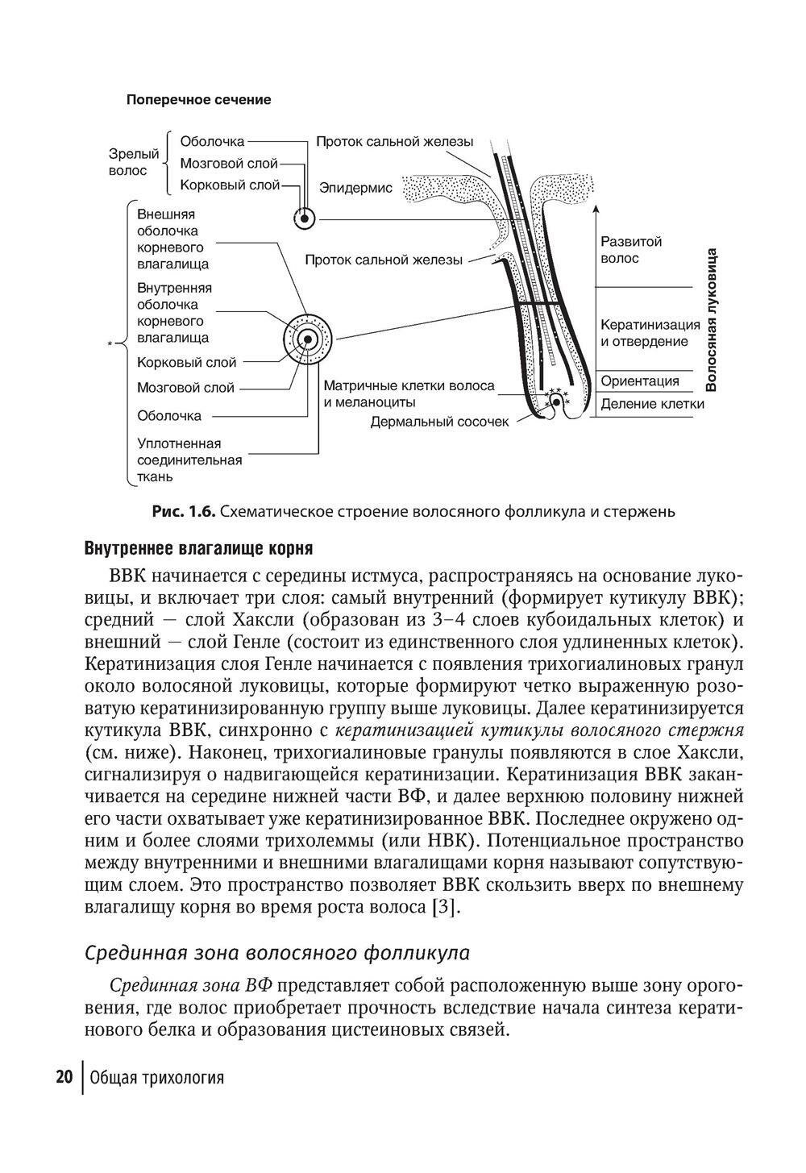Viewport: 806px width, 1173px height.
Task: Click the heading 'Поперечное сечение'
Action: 198,100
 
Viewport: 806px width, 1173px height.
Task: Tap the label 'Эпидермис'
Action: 355,188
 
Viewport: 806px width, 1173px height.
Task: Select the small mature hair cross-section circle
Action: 304,218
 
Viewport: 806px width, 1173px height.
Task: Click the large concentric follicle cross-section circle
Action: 307,339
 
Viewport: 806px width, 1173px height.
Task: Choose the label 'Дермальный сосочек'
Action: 439,422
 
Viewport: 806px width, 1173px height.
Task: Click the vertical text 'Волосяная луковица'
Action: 711,319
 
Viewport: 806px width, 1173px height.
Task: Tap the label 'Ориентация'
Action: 640,381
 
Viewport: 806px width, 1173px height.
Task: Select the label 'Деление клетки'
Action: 652,404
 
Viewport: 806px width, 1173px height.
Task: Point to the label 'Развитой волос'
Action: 631,250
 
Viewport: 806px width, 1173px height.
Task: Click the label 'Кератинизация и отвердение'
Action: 650,333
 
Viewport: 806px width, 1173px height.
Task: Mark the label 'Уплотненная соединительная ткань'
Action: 189,460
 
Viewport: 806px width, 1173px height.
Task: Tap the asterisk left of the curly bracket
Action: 109,347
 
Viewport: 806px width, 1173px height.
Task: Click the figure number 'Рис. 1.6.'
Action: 184,511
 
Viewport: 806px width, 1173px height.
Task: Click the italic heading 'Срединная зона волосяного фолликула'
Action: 277,953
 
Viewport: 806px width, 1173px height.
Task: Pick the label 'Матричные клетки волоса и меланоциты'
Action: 409,394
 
